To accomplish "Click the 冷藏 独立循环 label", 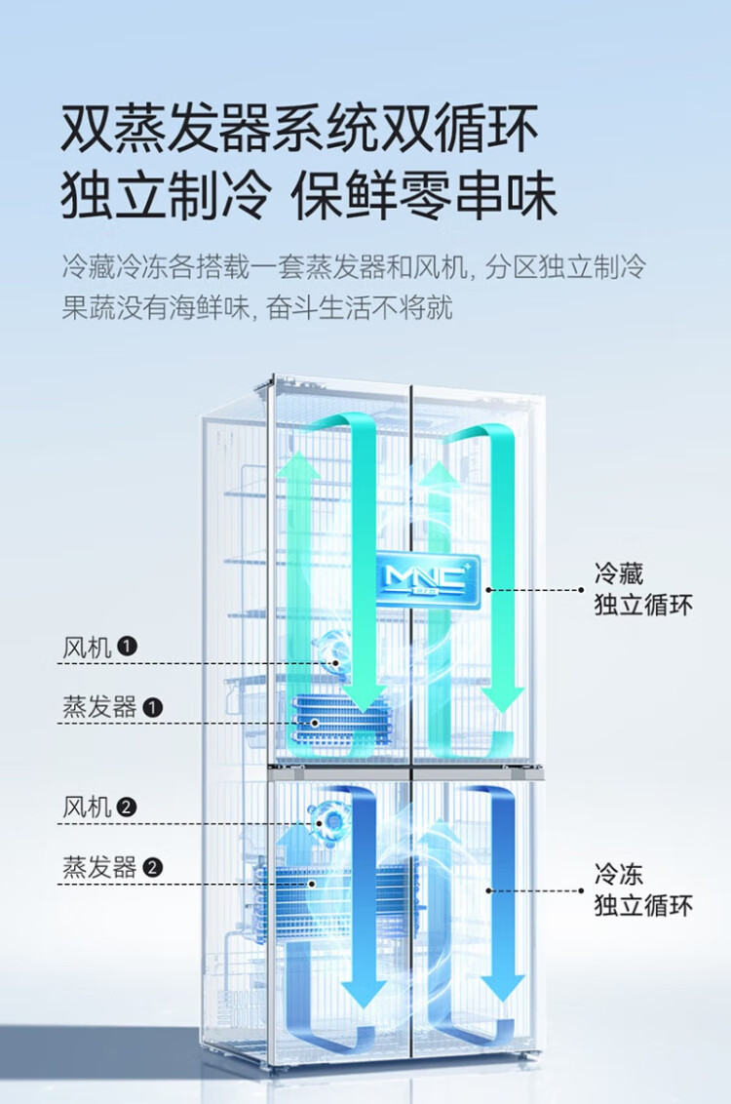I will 642,588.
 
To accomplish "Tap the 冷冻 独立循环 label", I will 642,888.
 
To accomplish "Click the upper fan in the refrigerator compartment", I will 334,651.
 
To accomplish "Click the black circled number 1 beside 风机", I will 128,647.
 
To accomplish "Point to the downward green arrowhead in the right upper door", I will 503,697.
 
